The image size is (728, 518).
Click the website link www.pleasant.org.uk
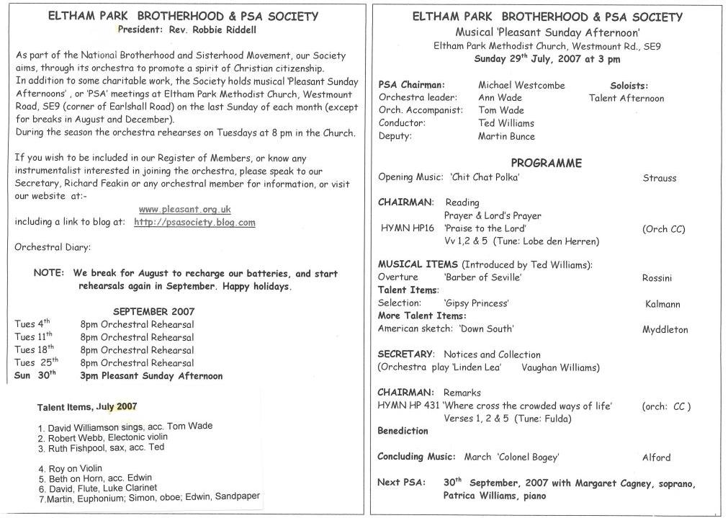point(184,209)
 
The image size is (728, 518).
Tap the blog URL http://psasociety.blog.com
point(194,222)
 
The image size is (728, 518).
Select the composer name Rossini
point(657,277)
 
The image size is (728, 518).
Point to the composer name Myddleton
point(665,330)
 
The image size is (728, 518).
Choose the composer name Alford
point(656,457)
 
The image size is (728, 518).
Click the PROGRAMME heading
point(546,164)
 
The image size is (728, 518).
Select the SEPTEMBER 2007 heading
point(153,311)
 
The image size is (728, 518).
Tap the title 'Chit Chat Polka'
point(485,177)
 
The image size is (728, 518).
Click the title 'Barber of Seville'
point(482,277)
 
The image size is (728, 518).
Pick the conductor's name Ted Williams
point(505,123)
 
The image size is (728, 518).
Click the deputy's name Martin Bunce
point(506,136)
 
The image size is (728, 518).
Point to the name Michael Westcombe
point(521,85)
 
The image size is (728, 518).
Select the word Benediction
point(403,431)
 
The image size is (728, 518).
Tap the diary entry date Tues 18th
point(33,349)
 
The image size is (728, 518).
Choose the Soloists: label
point(629,85)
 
